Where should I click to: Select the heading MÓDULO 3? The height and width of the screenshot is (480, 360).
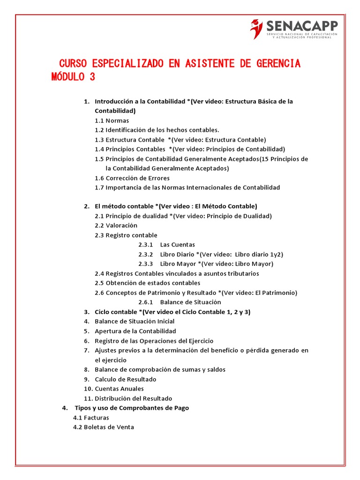(73, 77)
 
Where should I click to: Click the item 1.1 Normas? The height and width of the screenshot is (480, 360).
(112, 120)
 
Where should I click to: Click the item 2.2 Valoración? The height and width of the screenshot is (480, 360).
(116, 225)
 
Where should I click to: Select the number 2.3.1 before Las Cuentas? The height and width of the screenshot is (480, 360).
(146, 245)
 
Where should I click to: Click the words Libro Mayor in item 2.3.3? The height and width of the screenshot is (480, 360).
(176, 264)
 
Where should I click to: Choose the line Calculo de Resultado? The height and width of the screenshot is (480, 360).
(125, 379)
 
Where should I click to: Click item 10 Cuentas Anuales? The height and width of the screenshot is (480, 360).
(119, 389)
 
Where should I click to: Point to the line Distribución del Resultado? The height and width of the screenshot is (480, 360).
(133, 398)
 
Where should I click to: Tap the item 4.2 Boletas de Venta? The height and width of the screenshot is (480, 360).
(104, 427)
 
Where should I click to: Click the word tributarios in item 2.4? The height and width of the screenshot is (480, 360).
(241, 273)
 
